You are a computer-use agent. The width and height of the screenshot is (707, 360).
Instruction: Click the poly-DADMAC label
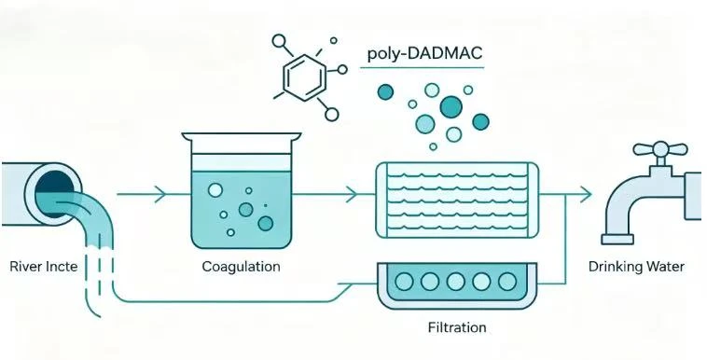click(x=424, y=54)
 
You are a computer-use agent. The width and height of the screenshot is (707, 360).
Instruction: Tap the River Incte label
click(x=43, y=266)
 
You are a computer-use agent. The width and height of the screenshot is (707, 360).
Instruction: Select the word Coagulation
click(x=241, y=267)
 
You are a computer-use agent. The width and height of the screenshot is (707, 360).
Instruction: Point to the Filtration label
click(x=457, y=327)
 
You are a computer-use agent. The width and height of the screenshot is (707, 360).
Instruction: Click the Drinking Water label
click(x=636, y=267)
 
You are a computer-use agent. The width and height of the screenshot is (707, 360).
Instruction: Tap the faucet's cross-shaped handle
click(x=660, y=150)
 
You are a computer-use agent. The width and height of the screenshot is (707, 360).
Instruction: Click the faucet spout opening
click(x=617, y=239)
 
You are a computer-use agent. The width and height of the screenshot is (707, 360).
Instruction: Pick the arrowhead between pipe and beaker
click(x=160, y=194)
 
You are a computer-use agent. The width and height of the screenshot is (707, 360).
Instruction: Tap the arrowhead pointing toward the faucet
click(x=585, y=194)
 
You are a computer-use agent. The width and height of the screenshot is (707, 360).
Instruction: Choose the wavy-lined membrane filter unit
click(x=457, y=200)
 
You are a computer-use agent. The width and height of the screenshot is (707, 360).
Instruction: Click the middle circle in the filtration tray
click(x=455, y=282)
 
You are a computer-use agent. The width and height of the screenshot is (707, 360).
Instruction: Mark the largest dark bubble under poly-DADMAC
click(x=451, y=107)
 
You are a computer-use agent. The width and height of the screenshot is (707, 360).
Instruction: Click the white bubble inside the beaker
click(x=215, y=190)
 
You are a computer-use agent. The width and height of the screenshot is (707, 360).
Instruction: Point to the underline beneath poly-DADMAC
click(x=422, y=68)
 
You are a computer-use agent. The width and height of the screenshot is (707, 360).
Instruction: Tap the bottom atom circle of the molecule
click(x=331, y=115)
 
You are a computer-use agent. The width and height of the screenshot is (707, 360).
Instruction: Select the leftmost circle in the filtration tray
click(x=404, y=282)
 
